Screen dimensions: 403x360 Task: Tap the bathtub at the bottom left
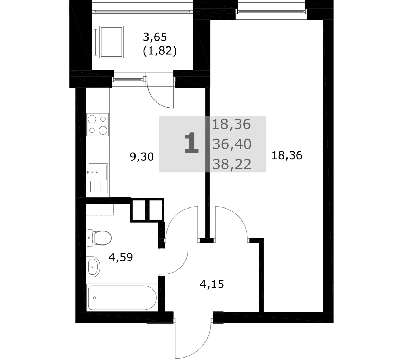[x=122, y=298]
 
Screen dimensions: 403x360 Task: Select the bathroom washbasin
[x=93, y=267]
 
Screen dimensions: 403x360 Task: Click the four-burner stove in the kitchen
[x=97, y=124]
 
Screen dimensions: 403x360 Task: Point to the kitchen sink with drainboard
[x=98, y=178]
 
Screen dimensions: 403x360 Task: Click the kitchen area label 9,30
[x=141, y=157]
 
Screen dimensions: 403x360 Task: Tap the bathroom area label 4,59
[x=120, y=257]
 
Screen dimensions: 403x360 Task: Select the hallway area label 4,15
[x=212, y=284]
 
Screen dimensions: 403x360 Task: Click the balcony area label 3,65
[x=155, y=37]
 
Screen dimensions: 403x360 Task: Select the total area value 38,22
[x=232, y=164]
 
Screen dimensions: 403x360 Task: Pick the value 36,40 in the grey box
[x=232, y=144]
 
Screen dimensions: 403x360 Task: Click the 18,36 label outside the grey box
[x=287, y=156]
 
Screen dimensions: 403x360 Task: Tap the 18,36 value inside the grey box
[x=231, y=124]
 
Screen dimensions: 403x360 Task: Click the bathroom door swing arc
[x=180, y=267]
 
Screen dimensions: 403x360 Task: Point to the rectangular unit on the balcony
[x=112, y=42]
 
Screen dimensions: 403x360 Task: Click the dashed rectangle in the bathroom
[x=100, y=210]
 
